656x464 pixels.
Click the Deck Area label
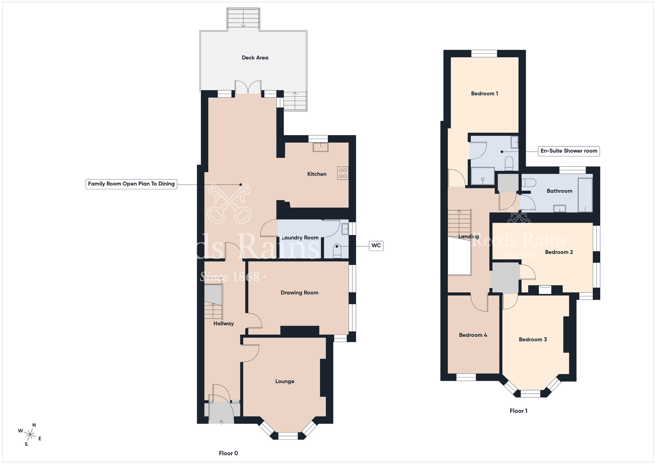[255, 58]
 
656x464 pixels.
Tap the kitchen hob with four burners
[343, 173]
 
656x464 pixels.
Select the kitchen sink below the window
[320, 147]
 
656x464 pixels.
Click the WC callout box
[376, 245]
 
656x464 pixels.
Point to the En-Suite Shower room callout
[569, 151]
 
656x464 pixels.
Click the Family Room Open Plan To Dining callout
[131, 184]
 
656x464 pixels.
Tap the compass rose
[30, 435]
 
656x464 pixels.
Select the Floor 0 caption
[228, 453]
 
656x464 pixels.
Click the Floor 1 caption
[519, 411]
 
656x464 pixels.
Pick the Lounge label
[285, 381]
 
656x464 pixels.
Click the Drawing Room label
[299, 293]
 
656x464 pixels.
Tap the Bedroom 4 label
[473, 335]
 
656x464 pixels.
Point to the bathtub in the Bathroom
[585, 195]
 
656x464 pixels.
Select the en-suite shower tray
[482, 176]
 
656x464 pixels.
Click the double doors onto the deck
[248, 87]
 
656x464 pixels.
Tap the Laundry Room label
[300, 238]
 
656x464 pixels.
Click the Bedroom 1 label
[484, 94]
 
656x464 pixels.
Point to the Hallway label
[223, 324]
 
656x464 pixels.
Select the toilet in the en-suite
[509, 163]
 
